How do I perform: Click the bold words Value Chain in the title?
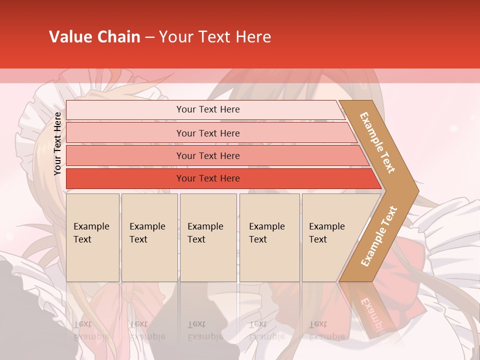click(x=94, y=37)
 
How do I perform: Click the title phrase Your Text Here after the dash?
click(x=215, y=37)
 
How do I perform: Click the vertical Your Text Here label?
click(x=57, y=144)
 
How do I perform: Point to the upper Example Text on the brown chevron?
click(x=377, y=142)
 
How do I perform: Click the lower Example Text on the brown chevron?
click(x=379, y=236)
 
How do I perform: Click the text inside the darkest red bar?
click(x=208, y=178)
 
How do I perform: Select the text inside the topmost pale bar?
click(x=208, y=109)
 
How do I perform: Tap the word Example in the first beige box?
click(x=91, y=226)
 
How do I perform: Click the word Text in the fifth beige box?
click(x=318, y=239)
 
